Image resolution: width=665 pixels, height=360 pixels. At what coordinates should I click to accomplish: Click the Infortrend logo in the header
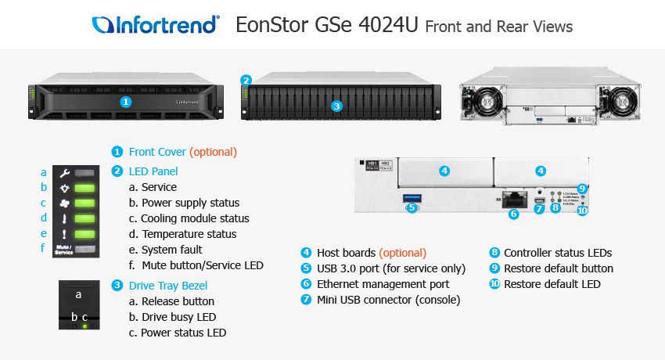click(155, 25)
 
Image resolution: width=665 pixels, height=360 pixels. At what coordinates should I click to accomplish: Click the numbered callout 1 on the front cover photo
click(127, 102)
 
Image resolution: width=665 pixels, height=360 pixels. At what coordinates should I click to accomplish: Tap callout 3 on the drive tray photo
click(336, 106)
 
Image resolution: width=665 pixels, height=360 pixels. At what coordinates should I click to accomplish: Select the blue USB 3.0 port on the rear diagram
click(413, 196)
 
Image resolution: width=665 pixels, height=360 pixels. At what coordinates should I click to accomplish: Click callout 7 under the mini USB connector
click(539, 209)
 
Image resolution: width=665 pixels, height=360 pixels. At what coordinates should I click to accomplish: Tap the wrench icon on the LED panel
click(66, 172)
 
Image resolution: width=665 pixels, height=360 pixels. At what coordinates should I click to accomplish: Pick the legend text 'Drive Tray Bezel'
click(168, 286)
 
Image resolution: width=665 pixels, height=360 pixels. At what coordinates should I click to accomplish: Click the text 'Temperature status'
click(189, 234)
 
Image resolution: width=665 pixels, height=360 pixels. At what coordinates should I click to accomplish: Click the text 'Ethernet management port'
click(383, 284)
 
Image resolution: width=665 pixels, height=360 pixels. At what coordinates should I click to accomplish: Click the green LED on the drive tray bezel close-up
click(84, 324)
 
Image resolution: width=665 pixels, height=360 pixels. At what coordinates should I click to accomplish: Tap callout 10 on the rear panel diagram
click(581, 210)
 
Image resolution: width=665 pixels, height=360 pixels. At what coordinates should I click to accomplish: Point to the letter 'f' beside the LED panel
click(44, 248)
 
